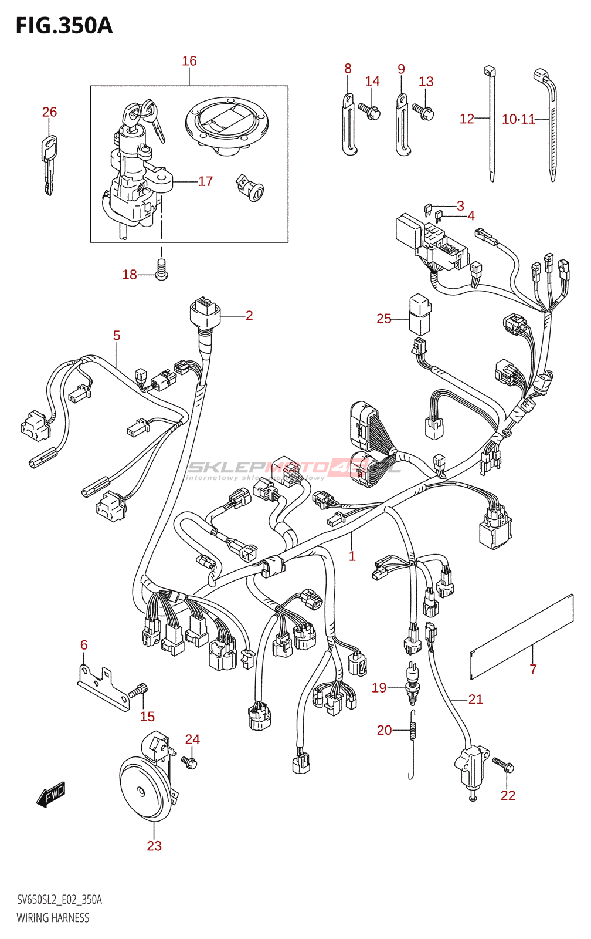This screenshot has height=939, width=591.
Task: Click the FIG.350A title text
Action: coord(64,26)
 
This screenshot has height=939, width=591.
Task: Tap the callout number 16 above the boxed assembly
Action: coord(189,61)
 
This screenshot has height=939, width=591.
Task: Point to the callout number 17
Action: coord(205,181)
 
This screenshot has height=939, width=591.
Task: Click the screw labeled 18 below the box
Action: coord(162,271)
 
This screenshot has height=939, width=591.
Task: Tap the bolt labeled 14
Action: coord(369,110)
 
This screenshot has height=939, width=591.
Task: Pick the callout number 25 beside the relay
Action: coord(383,319)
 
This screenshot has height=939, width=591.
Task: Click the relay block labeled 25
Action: coord(420,314)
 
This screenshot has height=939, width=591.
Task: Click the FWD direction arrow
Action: coord(51,795)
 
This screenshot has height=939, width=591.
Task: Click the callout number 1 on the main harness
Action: coord(352,556)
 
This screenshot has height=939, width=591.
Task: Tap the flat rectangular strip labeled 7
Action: coord(521,637)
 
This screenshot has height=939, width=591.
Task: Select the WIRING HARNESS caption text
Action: coord(53,918)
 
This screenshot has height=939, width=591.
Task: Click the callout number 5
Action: coord(116,336)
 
